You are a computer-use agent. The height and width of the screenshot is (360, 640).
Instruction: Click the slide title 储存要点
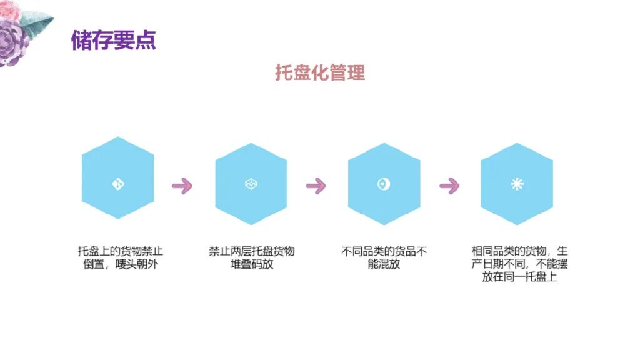click(x=113, y=40)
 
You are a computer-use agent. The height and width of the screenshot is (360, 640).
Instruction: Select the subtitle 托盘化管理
click(x=320, y=72)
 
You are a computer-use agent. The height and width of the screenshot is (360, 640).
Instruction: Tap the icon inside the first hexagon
click(x=117, y=183)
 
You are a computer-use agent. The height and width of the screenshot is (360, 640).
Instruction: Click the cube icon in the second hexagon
click(x=251, y=184)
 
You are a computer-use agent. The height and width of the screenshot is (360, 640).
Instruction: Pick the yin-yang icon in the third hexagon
click(x=384, y=184)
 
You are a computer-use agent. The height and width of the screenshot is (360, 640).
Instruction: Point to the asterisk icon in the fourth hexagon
click(x=517, y=184)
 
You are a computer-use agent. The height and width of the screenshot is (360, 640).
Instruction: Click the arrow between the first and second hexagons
click(x=182, y=185)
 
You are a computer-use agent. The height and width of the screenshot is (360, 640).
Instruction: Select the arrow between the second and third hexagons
click(x=316, y=185)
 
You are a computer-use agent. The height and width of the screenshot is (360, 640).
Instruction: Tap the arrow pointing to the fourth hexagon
click(x=449, y=185)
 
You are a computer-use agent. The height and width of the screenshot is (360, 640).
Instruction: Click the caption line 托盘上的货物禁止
click(x=121, y=251)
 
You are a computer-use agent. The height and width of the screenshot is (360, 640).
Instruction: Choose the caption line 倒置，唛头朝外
click(x=121, y=264)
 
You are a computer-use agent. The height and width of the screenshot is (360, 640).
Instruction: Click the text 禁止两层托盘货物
click(x=252, y=251)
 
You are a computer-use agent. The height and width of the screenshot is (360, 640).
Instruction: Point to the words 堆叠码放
click(x=252, y=264)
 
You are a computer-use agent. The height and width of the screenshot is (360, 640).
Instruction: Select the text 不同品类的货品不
click(x=384, y=251)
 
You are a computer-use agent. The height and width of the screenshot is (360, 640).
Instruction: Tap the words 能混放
click(x=384, y=264)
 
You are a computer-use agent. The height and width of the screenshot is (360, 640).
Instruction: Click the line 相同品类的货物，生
click(x=520, y=251)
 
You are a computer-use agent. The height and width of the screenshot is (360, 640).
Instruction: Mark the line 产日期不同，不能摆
click(x=520, y=264)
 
